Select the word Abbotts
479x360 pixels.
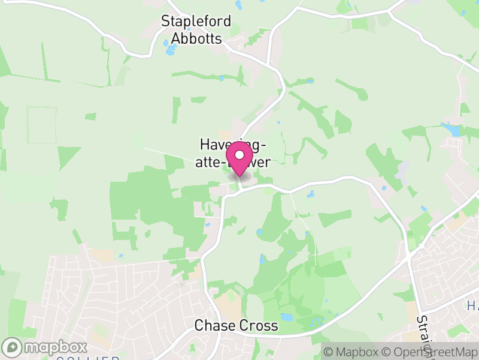pyautogui.click(x=196, y=38)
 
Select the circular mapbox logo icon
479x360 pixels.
pyautogui.click(x=13, y=347)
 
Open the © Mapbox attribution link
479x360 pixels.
pyautogui.click(x=352, y=351)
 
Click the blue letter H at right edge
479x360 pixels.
pyautogui.click(x=472, y=307)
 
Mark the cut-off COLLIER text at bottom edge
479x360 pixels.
pyautogui.click(x=87, y=358)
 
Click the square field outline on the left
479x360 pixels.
pyautogui.click(x=42, y=125)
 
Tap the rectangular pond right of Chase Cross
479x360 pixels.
pyautogui.click(x=287, y=316)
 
